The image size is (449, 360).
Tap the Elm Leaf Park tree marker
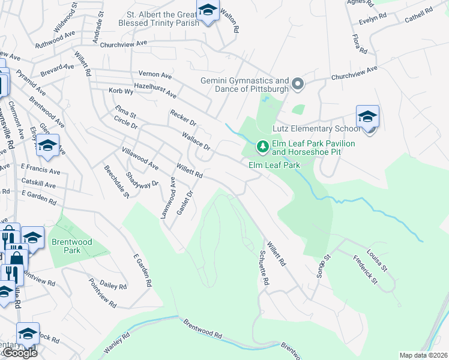[262, 146]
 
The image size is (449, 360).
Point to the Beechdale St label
[117, 182]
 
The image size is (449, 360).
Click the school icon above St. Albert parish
[208, 11]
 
